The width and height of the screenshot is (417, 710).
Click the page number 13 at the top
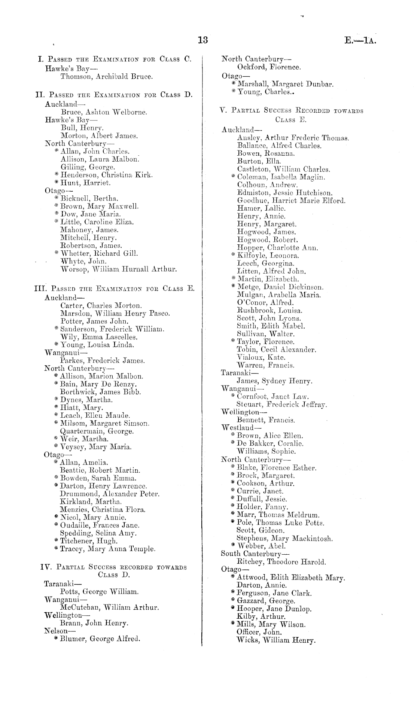pos(203,40)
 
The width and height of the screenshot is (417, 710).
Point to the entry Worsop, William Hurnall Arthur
pos(118,269)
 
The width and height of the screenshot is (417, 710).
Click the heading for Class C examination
pos(115,59)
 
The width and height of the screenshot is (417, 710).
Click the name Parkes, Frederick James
pos(102,361)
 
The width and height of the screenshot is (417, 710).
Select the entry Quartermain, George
pos(97,431)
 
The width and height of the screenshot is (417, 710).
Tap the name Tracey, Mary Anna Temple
pos(108,549)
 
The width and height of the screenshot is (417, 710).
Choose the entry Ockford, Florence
pos(269,67)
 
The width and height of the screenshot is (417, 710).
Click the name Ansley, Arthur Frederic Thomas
pos(293,138)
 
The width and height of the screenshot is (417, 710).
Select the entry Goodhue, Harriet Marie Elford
pos(291,201)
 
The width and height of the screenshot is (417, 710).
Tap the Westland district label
pos(241,428)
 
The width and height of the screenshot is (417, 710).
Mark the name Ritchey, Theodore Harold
pos(281,562)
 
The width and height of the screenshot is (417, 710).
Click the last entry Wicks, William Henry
pos(276,640)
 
